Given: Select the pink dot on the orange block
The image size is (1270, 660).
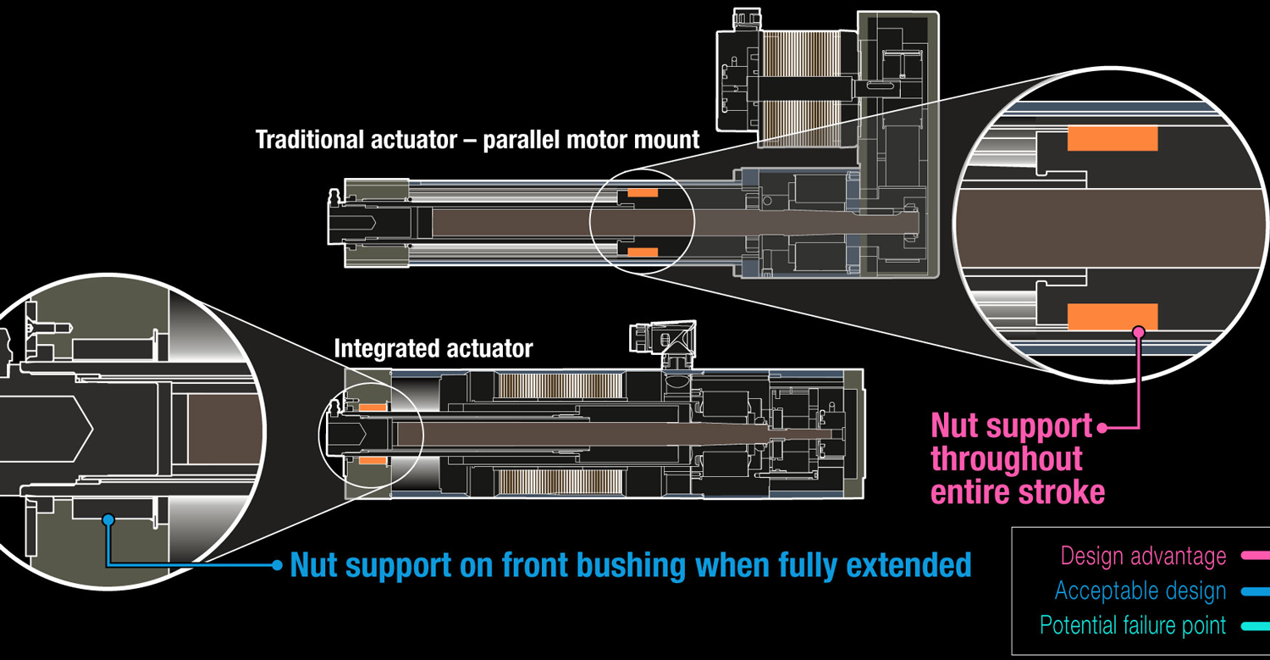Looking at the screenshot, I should point(1139,331).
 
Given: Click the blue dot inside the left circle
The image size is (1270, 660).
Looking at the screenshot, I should point(108,519).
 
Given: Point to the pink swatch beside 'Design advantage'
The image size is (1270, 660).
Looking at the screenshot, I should point(1255,556).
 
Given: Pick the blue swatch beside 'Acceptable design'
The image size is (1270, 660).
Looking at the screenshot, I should point(1255,591).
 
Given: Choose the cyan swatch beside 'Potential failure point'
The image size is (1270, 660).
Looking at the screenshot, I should point(1255,626).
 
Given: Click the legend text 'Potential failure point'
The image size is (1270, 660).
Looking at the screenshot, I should point(1132,626).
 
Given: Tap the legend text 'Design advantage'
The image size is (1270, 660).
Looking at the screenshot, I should point(1143,556).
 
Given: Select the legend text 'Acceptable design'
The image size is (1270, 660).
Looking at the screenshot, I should point(1140,591).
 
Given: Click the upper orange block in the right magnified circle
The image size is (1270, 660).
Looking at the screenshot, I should point(1112,138).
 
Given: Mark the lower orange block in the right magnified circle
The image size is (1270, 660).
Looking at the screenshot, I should point(1112,316).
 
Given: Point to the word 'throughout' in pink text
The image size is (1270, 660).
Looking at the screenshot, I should point(1007,458).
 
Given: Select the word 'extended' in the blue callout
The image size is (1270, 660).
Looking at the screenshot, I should point(906,564).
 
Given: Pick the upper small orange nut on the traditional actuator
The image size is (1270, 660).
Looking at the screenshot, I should point(643,193).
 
